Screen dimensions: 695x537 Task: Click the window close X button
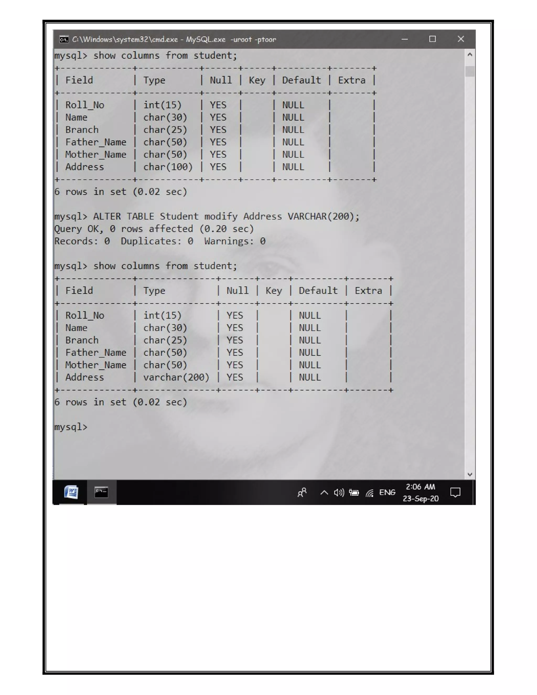click(461, 39)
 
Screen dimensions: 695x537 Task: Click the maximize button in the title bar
click(432, 39)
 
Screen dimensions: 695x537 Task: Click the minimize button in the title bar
click(405, 39)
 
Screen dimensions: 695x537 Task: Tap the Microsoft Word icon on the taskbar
click(71, 492)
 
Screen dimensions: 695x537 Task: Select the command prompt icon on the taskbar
click(101, 492)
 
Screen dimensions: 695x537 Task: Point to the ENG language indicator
click(387, 493)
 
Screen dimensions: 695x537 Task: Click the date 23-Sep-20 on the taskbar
click(421, 499)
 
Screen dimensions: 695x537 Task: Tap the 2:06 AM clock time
click(421, 487)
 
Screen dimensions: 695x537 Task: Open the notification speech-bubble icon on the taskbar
click(455, 493)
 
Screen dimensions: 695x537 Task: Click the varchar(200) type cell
click(176, 377)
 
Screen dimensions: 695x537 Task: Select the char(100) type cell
click(168, 167)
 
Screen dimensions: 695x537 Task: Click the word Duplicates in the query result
click(151, 241)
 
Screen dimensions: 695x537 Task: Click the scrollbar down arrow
click(470, 474)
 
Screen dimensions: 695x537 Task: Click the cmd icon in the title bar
click(64, 39)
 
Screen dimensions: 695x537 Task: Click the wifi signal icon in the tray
click(370, 493)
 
